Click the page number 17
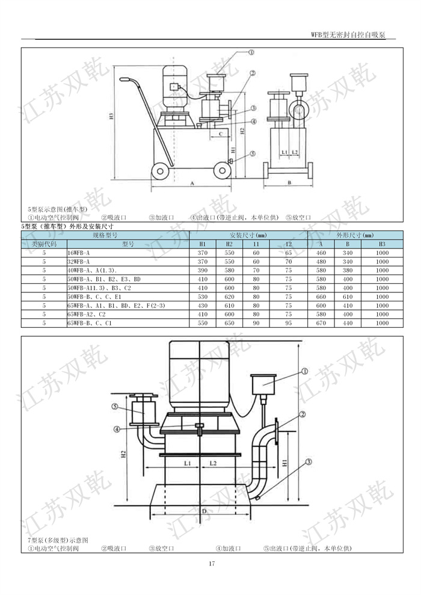pyautogui.click(x=211, y=564)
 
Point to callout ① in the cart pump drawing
pyautogui.click(x=251, y=52)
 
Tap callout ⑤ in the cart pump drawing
pyautogui.click(x=253, y=153)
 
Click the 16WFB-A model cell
pyautogui.click(x=79, y=253)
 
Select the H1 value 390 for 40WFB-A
pyautogui.click(x=202, y=271)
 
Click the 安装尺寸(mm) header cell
pyautogui.click(x=247, y=235)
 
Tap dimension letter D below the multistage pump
pyautogui.click(x=204, y=511)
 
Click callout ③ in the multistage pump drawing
pyautogui.click(x=309, y=462)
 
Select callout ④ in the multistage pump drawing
pyautogui.click(x=117, y=429)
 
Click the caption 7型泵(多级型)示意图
pyautogui.click(x=58, y=540)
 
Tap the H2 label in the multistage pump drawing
pyautogui.click(x=123, y=452)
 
